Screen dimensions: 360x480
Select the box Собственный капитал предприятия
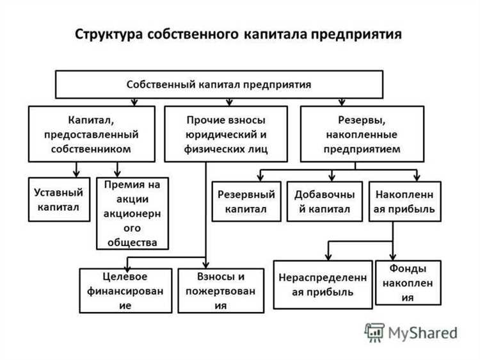pyautogui.click(x=219, y=84)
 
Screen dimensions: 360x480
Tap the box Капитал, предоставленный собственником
pyautogui.click(x=92, y=134)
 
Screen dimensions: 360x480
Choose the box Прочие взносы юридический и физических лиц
pyautogui.click(x=225, y=134)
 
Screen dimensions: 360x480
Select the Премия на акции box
pyautogui.click(x=132, y=213)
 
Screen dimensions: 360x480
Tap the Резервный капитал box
pyautogui.click(x=246, y=201)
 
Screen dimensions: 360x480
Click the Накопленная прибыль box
pyautogui.click(x=404, y=201)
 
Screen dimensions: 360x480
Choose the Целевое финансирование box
pyautogui.click(x=125, y=290)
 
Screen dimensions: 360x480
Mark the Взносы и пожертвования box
pyautogui.click(x=220, y=290)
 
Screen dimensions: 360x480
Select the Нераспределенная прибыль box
pyautogui.click(x=323, y=285)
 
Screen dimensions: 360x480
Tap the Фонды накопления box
pyautogui.click(x=408, y=282)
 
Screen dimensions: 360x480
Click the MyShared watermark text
pyautogui.click(x=422, y=332)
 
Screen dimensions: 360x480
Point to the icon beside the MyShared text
pyautogui.click(x=374, y=332)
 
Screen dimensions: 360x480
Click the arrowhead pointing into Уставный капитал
pyautogui.click(x=77, y=174)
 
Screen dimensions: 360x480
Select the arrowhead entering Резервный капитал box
pyautogui.click(x=259, y=178)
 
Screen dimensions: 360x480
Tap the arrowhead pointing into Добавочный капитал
pyautogui.click(x=330, y=178)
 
